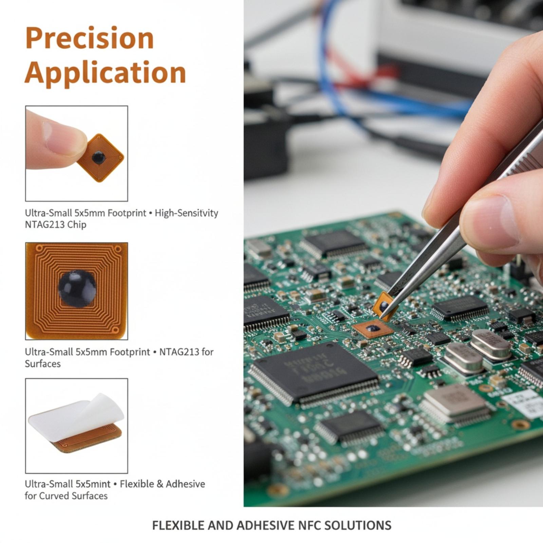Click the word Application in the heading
(x=105, y=73)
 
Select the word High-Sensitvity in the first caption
(x=186, y=213)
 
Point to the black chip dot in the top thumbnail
(x=98, y=157)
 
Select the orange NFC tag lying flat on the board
(x=373, y=329)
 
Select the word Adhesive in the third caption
(x=185, y=484)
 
